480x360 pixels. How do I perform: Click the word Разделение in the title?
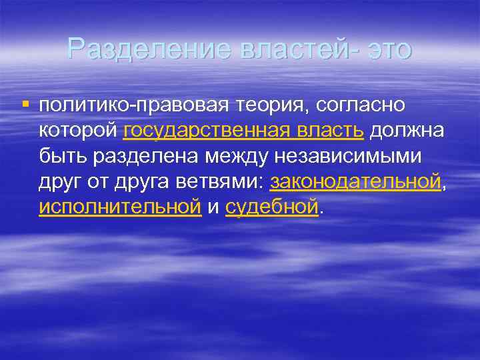(131, 49)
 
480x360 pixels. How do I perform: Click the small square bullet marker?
(25, 105)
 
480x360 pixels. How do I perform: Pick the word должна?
(407, 131)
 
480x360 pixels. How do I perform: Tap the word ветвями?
(226, 181)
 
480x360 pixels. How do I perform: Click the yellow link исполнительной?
(120, 207)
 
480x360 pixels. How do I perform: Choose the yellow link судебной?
(272, 207)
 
